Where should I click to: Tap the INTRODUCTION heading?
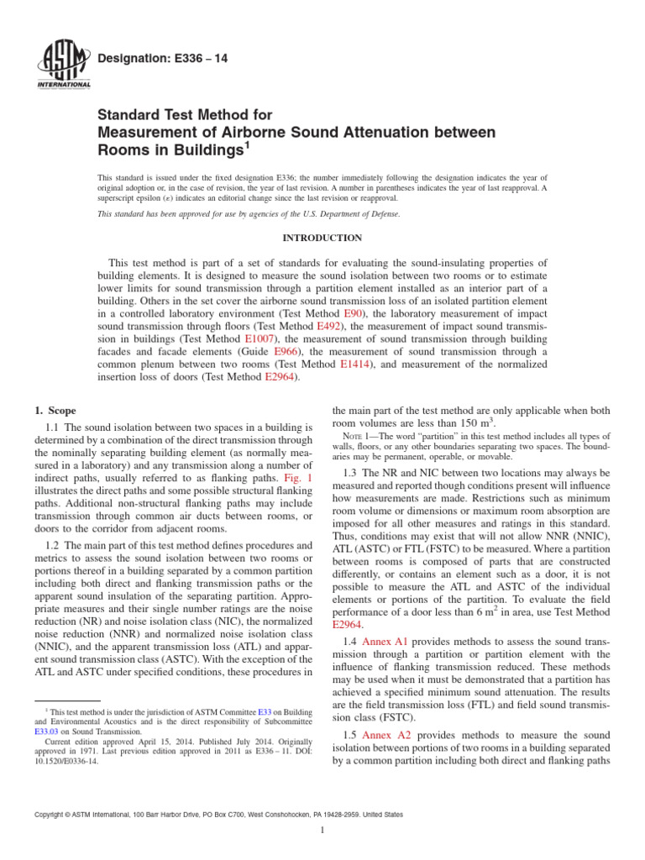click(322, 238)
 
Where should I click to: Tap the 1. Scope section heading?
click(55, 411)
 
